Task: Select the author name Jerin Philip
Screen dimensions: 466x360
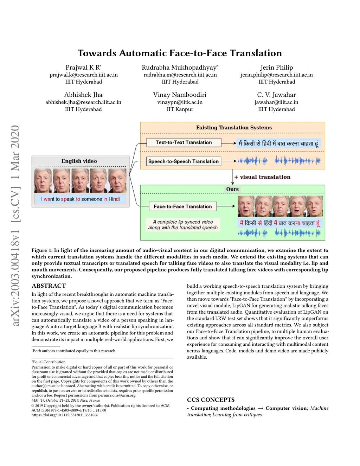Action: click(276, 68)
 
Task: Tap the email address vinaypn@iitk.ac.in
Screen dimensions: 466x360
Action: click(180, 102)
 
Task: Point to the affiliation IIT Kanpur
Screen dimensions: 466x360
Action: click(180, 109)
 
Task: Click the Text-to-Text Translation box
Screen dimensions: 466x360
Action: click(184, 142)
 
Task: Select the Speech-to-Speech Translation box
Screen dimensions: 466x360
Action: click(184, 161)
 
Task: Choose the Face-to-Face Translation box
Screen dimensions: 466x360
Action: click(183, 206)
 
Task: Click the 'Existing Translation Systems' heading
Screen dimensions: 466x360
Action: click(234, 128)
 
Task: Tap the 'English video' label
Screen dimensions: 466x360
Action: click(79, 161)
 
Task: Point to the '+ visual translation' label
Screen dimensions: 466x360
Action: click(262, 177)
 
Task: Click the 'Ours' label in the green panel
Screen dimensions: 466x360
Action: click(232, 189)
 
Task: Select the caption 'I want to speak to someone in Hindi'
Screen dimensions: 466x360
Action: click(81, 199)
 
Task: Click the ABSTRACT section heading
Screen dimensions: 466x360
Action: click(49, 286)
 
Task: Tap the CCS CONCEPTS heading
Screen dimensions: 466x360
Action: click(211, 400)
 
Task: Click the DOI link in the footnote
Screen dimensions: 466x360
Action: click(65, 415)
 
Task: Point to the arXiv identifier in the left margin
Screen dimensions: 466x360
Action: click(15, 225)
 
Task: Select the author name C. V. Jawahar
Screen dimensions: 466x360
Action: click(276, 95)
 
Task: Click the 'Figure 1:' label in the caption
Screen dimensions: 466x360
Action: click(42, 250)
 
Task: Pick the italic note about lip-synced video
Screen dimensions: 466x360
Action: click(183, 225)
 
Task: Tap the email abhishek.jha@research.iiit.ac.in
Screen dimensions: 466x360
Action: click(83, 102)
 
